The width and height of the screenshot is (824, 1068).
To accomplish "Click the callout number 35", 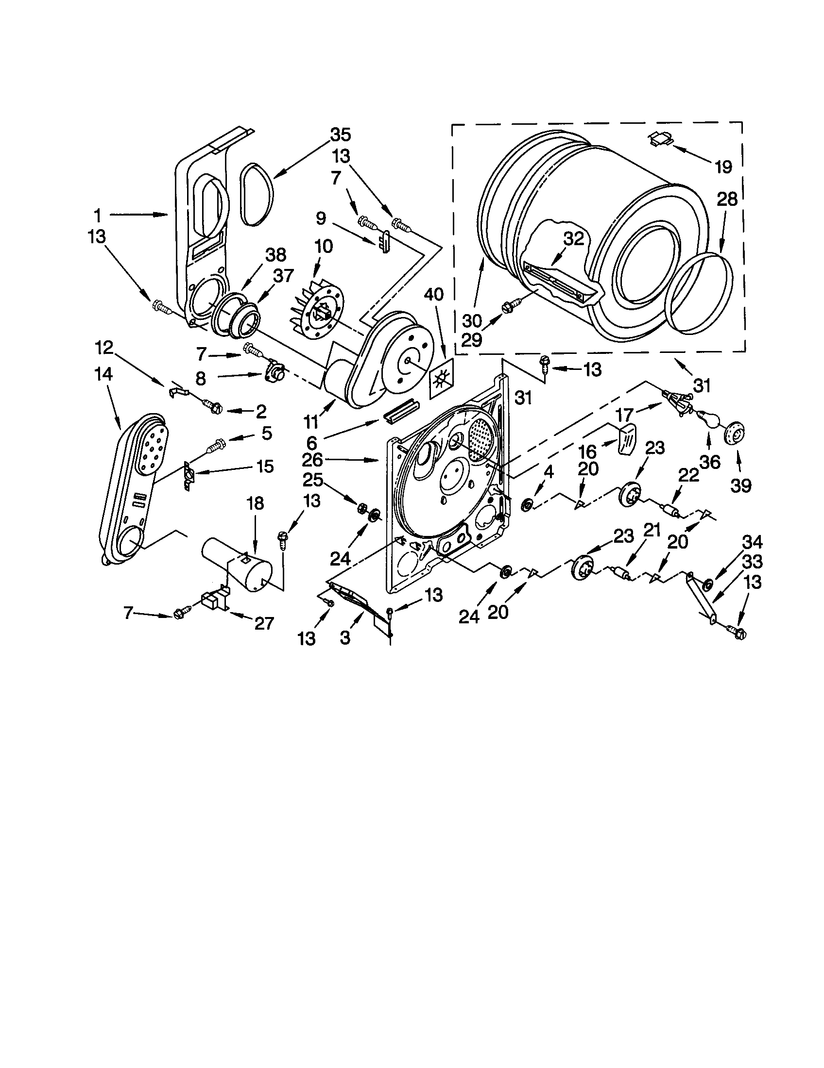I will click(341, 134).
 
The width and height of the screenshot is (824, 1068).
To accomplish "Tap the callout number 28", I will click(727, 200).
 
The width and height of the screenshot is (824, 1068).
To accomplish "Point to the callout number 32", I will click(574, 239).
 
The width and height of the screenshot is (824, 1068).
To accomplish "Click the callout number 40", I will click(433, 294).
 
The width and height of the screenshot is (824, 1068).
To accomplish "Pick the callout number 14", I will click(104, 374).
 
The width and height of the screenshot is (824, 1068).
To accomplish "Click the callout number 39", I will click(740, 485).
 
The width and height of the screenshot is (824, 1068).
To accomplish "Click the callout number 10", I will click(324, 246).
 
